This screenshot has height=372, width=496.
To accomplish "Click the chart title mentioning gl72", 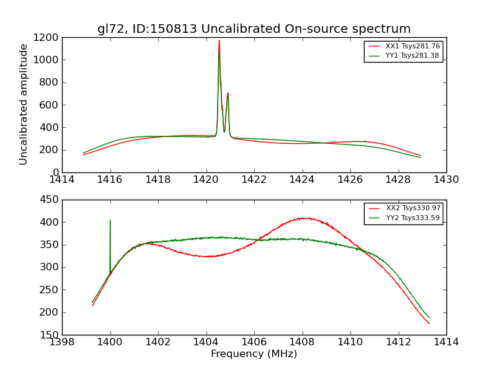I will [x=254, y=29].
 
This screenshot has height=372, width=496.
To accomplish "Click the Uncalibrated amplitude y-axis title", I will [x=24, y=104].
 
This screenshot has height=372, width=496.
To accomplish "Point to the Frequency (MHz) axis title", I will [x=254, y=354].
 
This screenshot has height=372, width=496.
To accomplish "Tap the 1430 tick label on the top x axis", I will [x=446, y=180].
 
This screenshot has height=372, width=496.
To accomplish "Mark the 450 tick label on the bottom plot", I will [x=49, y=200].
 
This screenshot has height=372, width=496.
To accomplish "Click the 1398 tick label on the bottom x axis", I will [x=62, y=342].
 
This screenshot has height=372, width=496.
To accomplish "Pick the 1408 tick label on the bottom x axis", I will [x=302, y=342].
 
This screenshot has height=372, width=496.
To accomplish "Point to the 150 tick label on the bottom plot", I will [x=49, y=335].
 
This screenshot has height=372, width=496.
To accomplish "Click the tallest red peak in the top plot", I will [x=219, y=42].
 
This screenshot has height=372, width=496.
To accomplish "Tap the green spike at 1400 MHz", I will [x=110, y=221].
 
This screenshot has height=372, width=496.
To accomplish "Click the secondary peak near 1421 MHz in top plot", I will [x=228, y=94].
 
